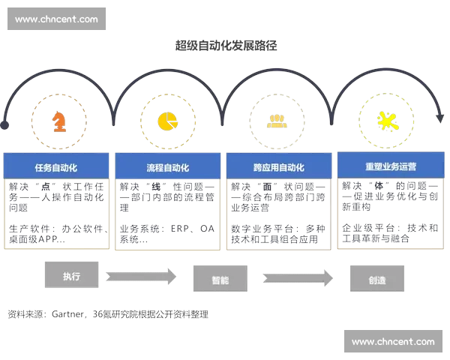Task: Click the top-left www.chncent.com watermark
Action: [56, 19]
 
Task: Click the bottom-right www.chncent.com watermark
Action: [392, 342]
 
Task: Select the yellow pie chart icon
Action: [166, 120]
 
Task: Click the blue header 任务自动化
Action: [56, 167]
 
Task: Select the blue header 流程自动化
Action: [167, 167]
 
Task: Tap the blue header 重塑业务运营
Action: [390, 166]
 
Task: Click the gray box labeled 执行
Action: [72, 275]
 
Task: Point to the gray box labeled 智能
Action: [220, 280]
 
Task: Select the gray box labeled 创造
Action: [377, 280]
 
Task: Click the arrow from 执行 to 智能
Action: [140, 276]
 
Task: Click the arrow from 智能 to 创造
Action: [298, 279]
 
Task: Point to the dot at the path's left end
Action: [5, 123]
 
